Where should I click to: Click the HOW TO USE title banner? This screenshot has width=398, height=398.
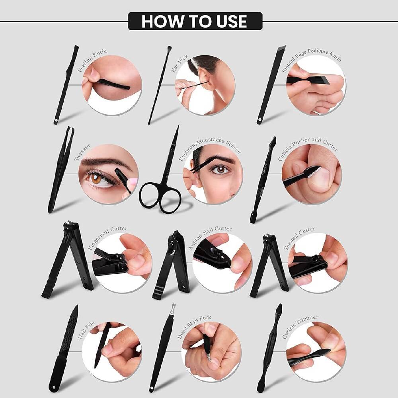(x=195, y=21)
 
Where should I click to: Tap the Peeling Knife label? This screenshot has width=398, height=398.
(x=92, y=61)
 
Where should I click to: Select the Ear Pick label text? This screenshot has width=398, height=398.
(x=177, y=64)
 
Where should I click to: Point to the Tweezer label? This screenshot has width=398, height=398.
(x=82, y=153)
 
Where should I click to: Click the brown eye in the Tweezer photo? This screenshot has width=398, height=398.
(x=97, y=179)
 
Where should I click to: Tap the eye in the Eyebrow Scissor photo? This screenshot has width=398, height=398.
(x=220, y=169)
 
